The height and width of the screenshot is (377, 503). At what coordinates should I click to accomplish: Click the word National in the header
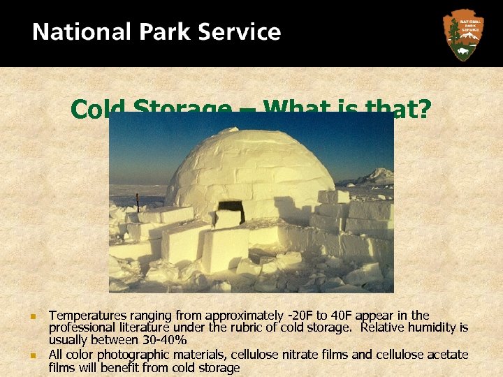point(73,32)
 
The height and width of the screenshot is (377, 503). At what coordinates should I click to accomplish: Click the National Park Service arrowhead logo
point(462,34)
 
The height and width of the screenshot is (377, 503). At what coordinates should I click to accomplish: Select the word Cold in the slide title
point(98,109)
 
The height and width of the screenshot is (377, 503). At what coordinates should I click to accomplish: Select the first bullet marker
point(32,317)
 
